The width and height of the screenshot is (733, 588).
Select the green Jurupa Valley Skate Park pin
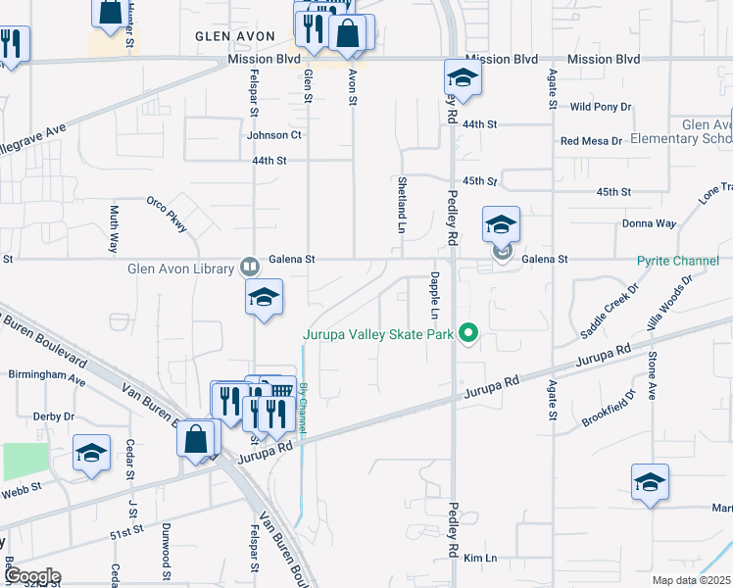pyautogui.click(x=469, y=334)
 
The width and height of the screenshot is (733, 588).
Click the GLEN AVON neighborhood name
pyautogui.click(x=227, y=34)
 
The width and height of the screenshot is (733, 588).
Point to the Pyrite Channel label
pyautogui.click(x=678, y=261)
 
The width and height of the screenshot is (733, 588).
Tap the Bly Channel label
pyautogui.click(x=304, y=400)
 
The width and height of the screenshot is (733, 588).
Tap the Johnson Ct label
pyautogui.click(x=274, y=135)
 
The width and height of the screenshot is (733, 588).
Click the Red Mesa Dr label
pyautogui.click(x=591, y=141)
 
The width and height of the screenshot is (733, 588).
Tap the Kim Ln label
pyautogui.click(x=481, y=559)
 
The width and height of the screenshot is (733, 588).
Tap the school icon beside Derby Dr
pyautogui.click(x=91, y=454)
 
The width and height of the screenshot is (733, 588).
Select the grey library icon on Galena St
pyautogui.click(x=250, y=266)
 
